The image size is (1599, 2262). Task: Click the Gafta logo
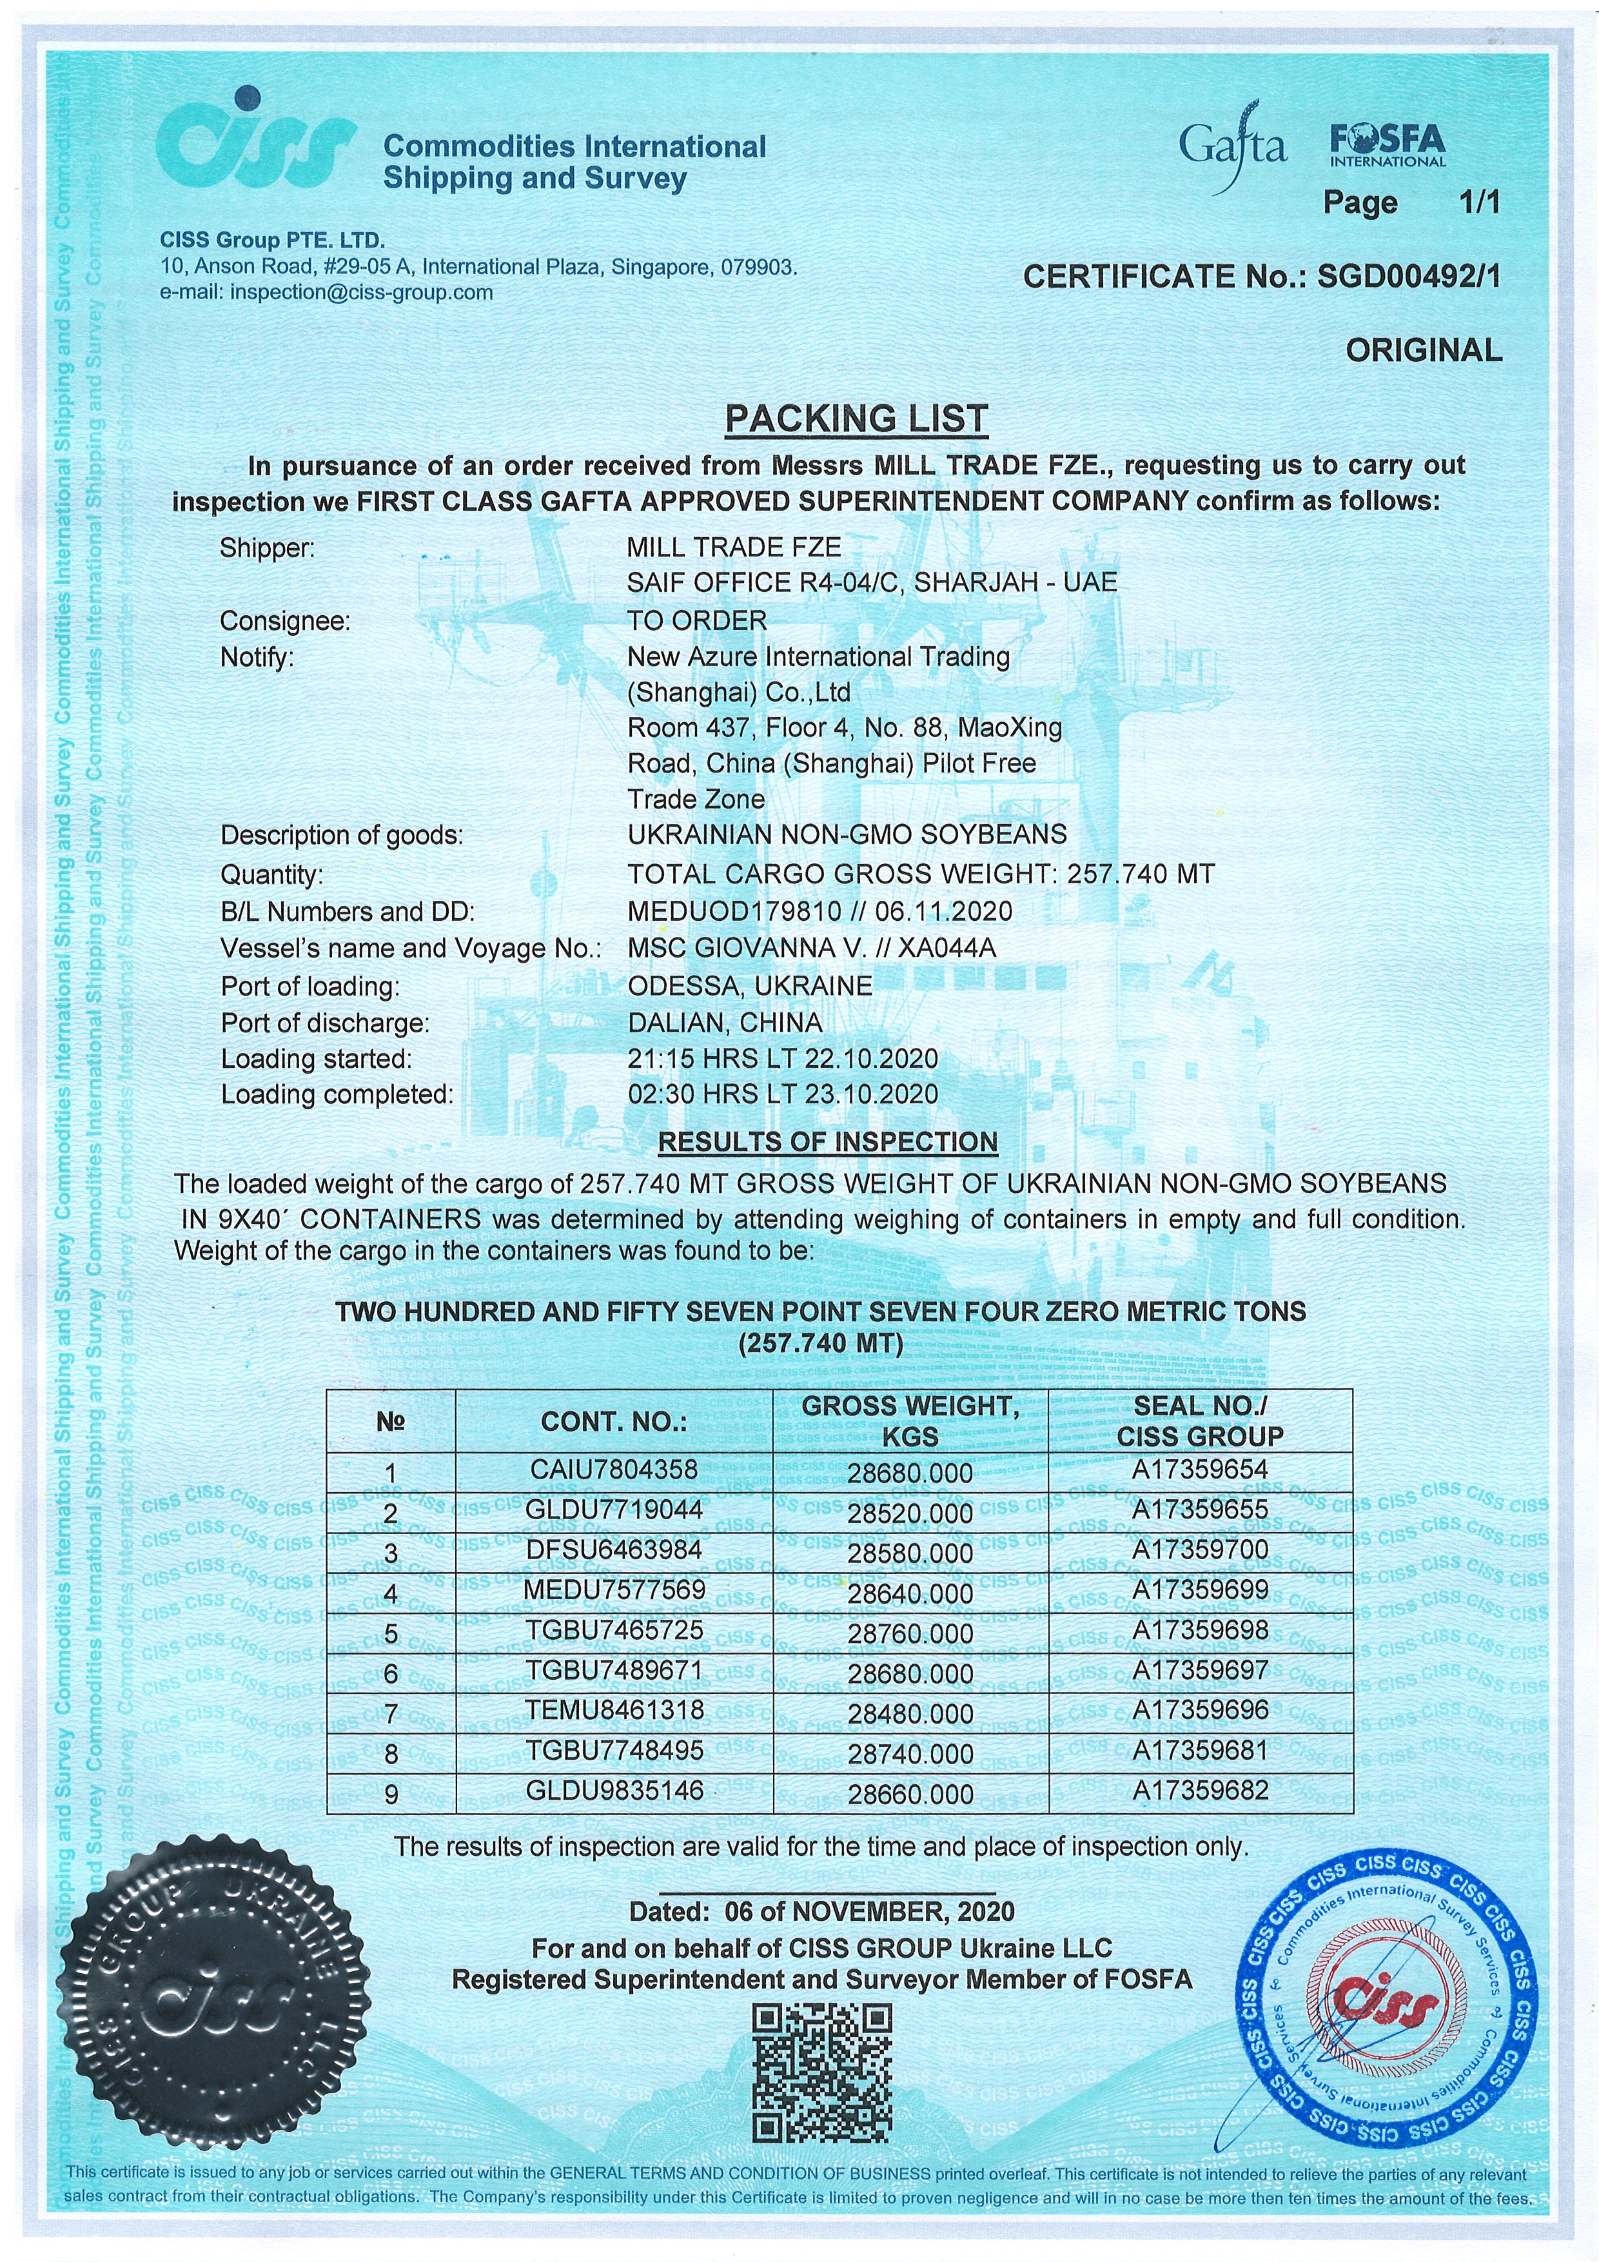(x=1233, y=148)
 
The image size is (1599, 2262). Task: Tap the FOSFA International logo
(x=1387, y=146)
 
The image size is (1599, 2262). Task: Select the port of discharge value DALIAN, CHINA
(x=725, y=1023)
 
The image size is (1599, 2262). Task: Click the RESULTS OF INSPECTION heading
(x=828, y=1142)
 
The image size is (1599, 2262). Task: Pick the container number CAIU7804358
(x=614, y=1470)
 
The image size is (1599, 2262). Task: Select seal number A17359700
(x=1200, y=1549)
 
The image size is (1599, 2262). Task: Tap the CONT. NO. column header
(x=614, y=1422)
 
